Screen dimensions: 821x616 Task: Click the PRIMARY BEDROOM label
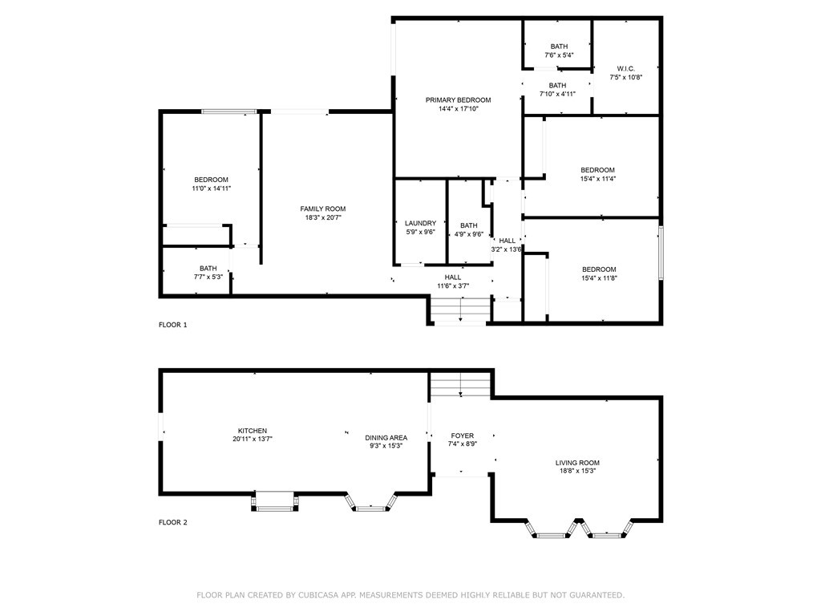tap(458, 100)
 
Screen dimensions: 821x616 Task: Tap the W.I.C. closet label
tap(625, 69)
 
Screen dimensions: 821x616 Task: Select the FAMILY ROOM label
tap(323, 209)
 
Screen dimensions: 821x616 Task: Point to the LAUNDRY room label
tap(420, 223)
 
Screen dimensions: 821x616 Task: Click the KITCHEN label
tap(253, 431)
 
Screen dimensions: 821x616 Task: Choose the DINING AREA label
tap(386, 437)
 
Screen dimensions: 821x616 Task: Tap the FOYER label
tap(463, 436)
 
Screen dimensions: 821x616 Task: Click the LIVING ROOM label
tap(577, 463)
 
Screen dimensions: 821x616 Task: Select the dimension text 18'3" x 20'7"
tap(323, 217)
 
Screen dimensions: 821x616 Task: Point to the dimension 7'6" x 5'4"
tap(559, 55)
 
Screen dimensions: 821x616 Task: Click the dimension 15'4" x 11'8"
tap(599, 278)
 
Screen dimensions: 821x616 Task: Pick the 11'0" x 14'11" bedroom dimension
tap(212, 188)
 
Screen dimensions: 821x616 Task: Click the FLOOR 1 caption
tap(173, 325)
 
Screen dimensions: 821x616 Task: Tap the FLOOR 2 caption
tap(173, 522)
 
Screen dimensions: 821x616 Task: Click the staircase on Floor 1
tap(460, 310)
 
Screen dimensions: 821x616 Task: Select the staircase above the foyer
tap(460, 384)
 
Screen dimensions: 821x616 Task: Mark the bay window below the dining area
tap(370, 503)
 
